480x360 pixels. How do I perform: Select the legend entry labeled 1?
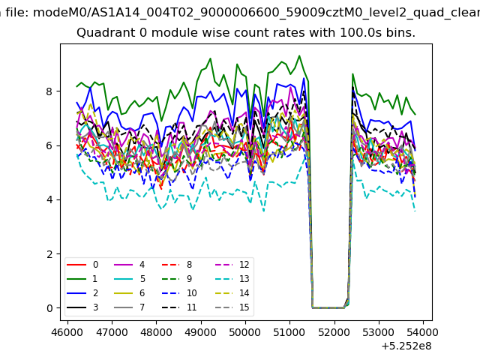click(x=82, y=279)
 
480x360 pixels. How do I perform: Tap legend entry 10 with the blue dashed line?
click(x=179, y=293)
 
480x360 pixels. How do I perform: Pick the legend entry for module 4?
click(x=130, y=265)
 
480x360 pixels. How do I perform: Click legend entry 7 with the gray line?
click(x=130, y=307)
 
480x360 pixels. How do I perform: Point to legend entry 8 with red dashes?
click(x=177, y=265)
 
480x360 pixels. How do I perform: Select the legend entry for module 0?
click(x=82, y=265)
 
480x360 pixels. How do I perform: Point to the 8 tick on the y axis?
click(x=49, y=91)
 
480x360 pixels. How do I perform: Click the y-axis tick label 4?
click(x=49, y=199)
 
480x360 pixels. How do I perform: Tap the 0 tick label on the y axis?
click(x=49, y=308)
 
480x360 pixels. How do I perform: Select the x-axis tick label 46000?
click(x=67, y=332)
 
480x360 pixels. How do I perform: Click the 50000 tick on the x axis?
click(x=245, y=332)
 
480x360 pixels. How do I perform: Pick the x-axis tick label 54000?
click(x=423, y=332)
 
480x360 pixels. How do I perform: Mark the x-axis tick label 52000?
click(x=334, y=332)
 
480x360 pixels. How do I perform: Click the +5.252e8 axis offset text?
click(x=406, y=346)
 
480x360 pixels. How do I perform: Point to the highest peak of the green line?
click(x=299, y=55)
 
